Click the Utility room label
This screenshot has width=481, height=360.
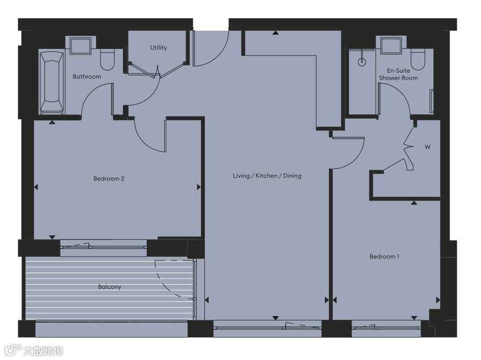[158, 47]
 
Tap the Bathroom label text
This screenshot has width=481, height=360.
[87, 76]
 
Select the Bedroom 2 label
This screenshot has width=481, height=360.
[109, 179]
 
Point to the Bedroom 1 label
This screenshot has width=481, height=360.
[384, 257]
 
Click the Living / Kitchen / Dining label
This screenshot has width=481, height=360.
[267, 176]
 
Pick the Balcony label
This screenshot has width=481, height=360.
[109, 287]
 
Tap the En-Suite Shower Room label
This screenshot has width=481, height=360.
[399, 74]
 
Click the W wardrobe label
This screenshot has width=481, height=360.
[428, 147]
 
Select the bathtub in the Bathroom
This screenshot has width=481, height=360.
[52, 82]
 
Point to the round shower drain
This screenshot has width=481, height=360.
[362, 62]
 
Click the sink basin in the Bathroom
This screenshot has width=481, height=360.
[80, 46]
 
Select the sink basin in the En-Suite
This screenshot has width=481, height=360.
[391, 46]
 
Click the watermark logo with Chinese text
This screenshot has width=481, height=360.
[33, 350]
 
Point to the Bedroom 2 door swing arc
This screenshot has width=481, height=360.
[144, 142]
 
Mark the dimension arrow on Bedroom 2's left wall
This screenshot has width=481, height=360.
[36, 187]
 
